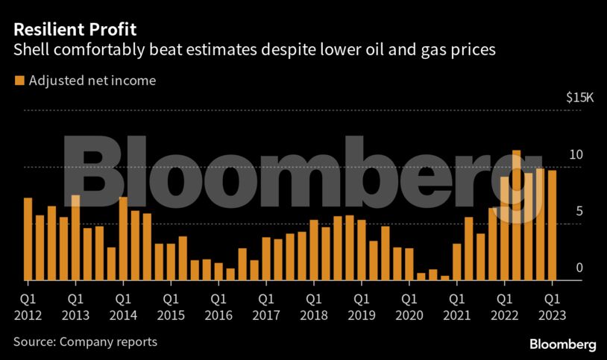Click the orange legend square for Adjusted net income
pyautogui.click(x=19, y=80)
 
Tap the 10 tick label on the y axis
pyautogui.click(x=576, y=154)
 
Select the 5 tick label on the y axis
pyautogui.click(x=578, y=211)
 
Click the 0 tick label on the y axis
pyautogui.click(x=578, y=268)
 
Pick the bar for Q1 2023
pyautogui.click(x=553, y=225)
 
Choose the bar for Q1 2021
pyautogui.click(x=457, y=262)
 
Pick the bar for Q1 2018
pyautogui.click(x=314, y=250)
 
